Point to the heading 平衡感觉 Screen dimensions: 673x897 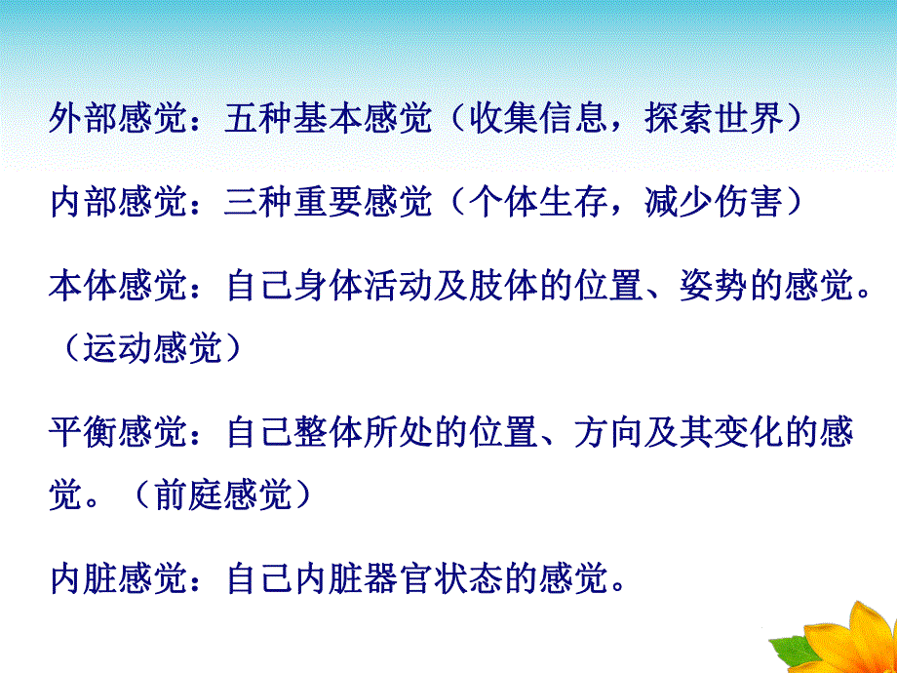[x=117, y=432]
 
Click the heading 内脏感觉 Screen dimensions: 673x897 [x=117, y=580]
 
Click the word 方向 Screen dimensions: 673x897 [x=610, y=432]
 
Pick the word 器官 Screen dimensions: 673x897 [x=399, y=580]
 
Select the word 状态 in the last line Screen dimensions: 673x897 [x=469, y=580]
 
